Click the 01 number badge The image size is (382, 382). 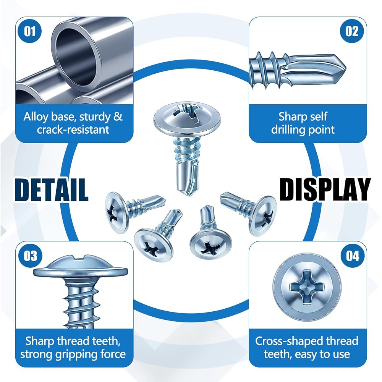[x=30, y=31]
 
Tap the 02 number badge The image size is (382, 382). [x=351, y=31]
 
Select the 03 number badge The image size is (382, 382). [x=30, y=256]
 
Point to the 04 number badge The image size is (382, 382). [x=352, y=256]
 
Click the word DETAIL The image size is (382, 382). [x=52, y=189]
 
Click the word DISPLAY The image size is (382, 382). [x=325, y=189]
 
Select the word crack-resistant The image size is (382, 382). [x=73, y=129]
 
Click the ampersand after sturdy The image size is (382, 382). [x=118, y=117]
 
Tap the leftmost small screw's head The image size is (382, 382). [x=117, y=212]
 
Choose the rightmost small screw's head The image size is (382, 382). [x=265, y=216]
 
